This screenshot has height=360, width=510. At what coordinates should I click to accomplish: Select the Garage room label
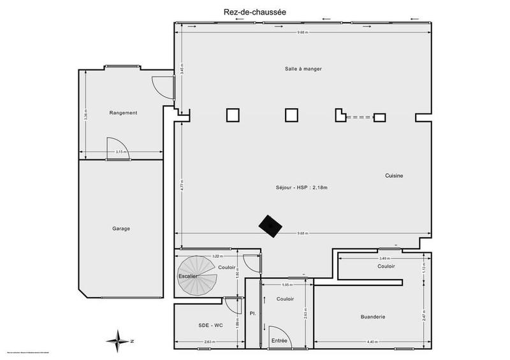click(x=120, y=229)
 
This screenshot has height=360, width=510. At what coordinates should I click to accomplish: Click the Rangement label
click(x=123, y=113)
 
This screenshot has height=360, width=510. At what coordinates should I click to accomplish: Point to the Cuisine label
click(x=395, y=176)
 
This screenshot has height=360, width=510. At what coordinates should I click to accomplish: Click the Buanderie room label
click(x=372, y=317)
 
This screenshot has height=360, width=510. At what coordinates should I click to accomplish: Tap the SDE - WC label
click(x=210, y=326)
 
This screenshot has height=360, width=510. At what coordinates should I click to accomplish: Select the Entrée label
click(x=279, y=342)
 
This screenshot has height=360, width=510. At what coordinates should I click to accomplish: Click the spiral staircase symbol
click(x=197, y=275)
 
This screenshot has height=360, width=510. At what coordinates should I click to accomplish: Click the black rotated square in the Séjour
click(x=271, y=226)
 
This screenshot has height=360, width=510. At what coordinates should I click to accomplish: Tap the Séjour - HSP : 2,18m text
click(x=306, y=187)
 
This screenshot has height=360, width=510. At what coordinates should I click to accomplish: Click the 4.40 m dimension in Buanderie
click(x=372, y=342)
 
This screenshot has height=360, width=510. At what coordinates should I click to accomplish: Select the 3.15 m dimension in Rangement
click(x=120, y=152)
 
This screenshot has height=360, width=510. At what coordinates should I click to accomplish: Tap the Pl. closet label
click(x=253, y=314)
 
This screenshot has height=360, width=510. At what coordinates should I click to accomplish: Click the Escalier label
click(x=189, y=275)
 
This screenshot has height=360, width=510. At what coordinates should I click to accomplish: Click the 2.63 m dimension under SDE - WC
click(x=209, y=342)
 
